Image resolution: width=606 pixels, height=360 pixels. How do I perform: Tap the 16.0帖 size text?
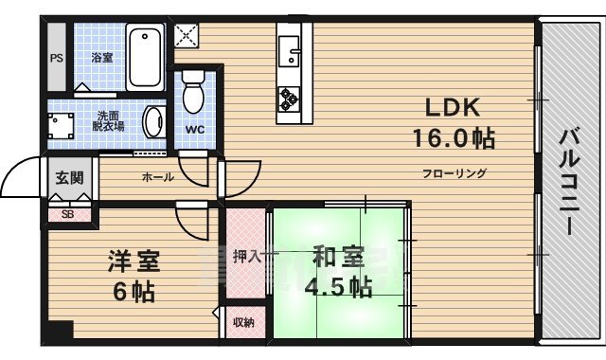pyautogui.click(x=453, y=138)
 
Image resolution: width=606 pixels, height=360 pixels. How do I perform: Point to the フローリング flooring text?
pyautogui.click(x=454, y=173)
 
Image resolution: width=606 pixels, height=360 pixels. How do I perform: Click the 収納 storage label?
pyautogui.click(x=243, y=323)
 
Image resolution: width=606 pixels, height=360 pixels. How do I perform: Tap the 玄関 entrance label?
pyautogui.click(x=68, y=177)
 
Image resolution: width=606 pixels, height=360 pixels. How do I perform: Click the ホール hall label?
pyautogui.click(x=157, y=177)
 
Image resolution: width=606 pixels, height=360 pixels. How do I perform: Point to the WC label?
pyautogui.click(x=196, y=129)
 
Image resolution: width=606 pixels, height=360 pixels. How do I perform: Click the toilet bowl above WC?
pyautogui.click(x=195, y=93)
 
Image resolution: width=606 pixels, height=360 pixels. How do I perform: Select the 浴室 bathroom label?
pyautogui.click(x=102, y=58)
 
